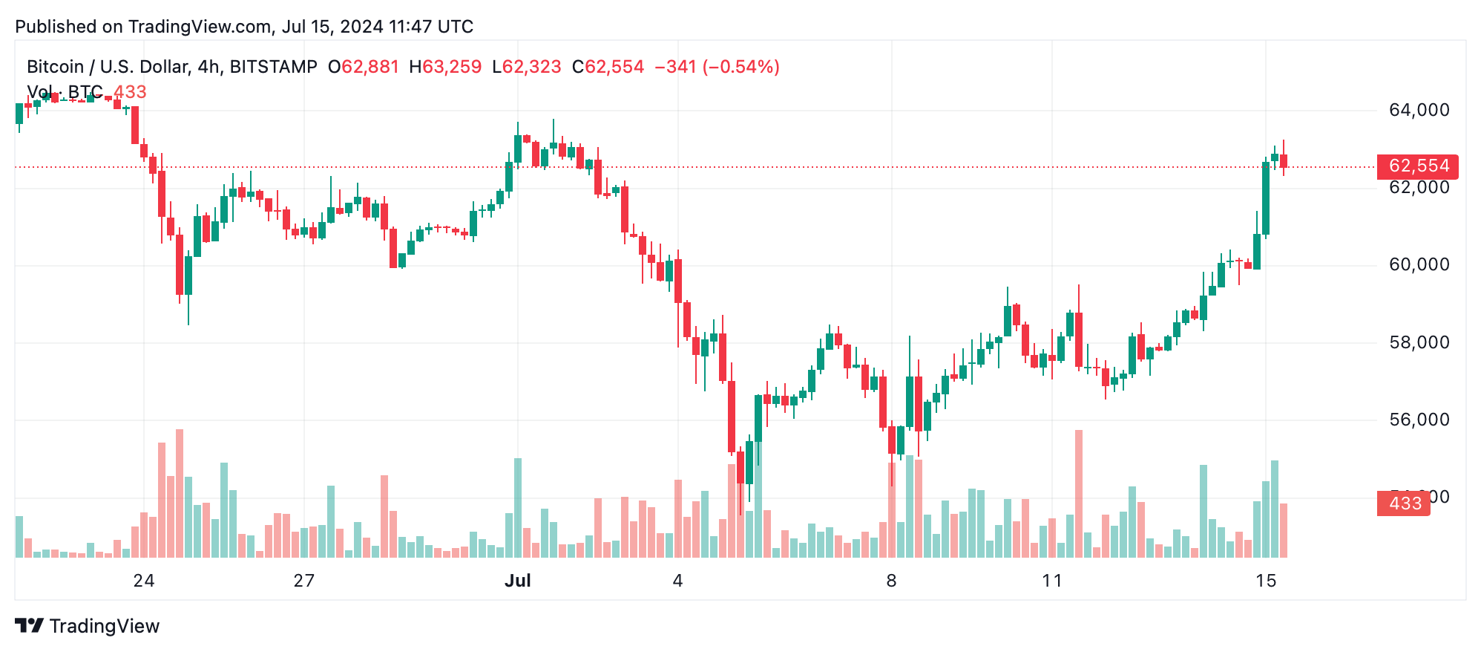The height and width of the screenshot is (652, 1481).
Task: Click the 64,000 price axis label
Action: [1418, 110]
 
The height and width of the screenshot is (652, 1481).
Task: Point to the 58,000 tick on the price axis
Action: [1418, 342]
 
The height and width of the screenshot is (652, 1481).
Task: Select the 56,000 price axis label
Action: [1418, 420]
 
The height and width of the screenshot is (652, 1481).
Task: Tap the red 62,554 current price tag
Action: [1417, 166]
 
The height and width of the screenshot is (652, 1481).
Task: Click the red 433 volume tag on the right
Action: [1403, 503]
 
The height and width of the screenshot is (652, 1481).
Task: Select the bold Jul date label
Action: [517, 581]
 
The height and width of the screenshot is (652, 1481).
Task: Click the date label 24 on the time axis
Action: [144, 581]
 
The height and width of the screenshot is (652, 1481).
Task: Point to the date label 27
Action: [304, 581]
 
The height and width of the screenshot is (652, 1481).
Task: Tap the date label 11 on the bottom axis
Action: [1051, 581]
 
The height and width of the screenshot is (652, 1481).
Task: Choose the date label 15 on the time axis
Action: [1266, 581]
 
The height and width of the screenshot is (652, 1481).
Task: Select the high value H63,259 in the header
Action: [445, 67]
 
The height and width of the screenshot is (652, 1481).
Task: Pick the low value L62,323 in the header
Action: [526, 67]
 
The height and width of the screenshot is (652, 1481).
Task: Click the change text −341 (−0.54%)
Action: [717, 67]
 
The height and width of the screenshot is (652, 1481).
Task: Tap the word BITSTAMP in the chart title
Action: [273, 67]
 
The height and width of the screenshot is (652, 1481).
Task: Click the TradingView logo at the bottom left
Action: [88, 626]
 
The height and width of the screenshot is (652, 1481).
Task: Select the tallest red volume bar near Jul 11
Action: [1078, 494]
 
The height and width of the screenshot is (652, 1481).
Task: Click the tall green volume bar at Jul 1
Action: [518, 508]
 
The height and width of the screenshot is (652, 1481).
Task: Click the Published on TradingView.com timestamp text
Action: [244, 27]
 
